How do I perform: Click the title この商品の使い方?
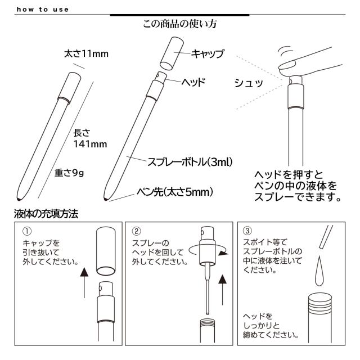[x=179, y=25]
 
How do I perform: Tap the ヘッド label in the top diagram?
[x=193, y=82]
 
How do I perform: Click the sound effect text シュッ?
[x=249, y=84]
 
